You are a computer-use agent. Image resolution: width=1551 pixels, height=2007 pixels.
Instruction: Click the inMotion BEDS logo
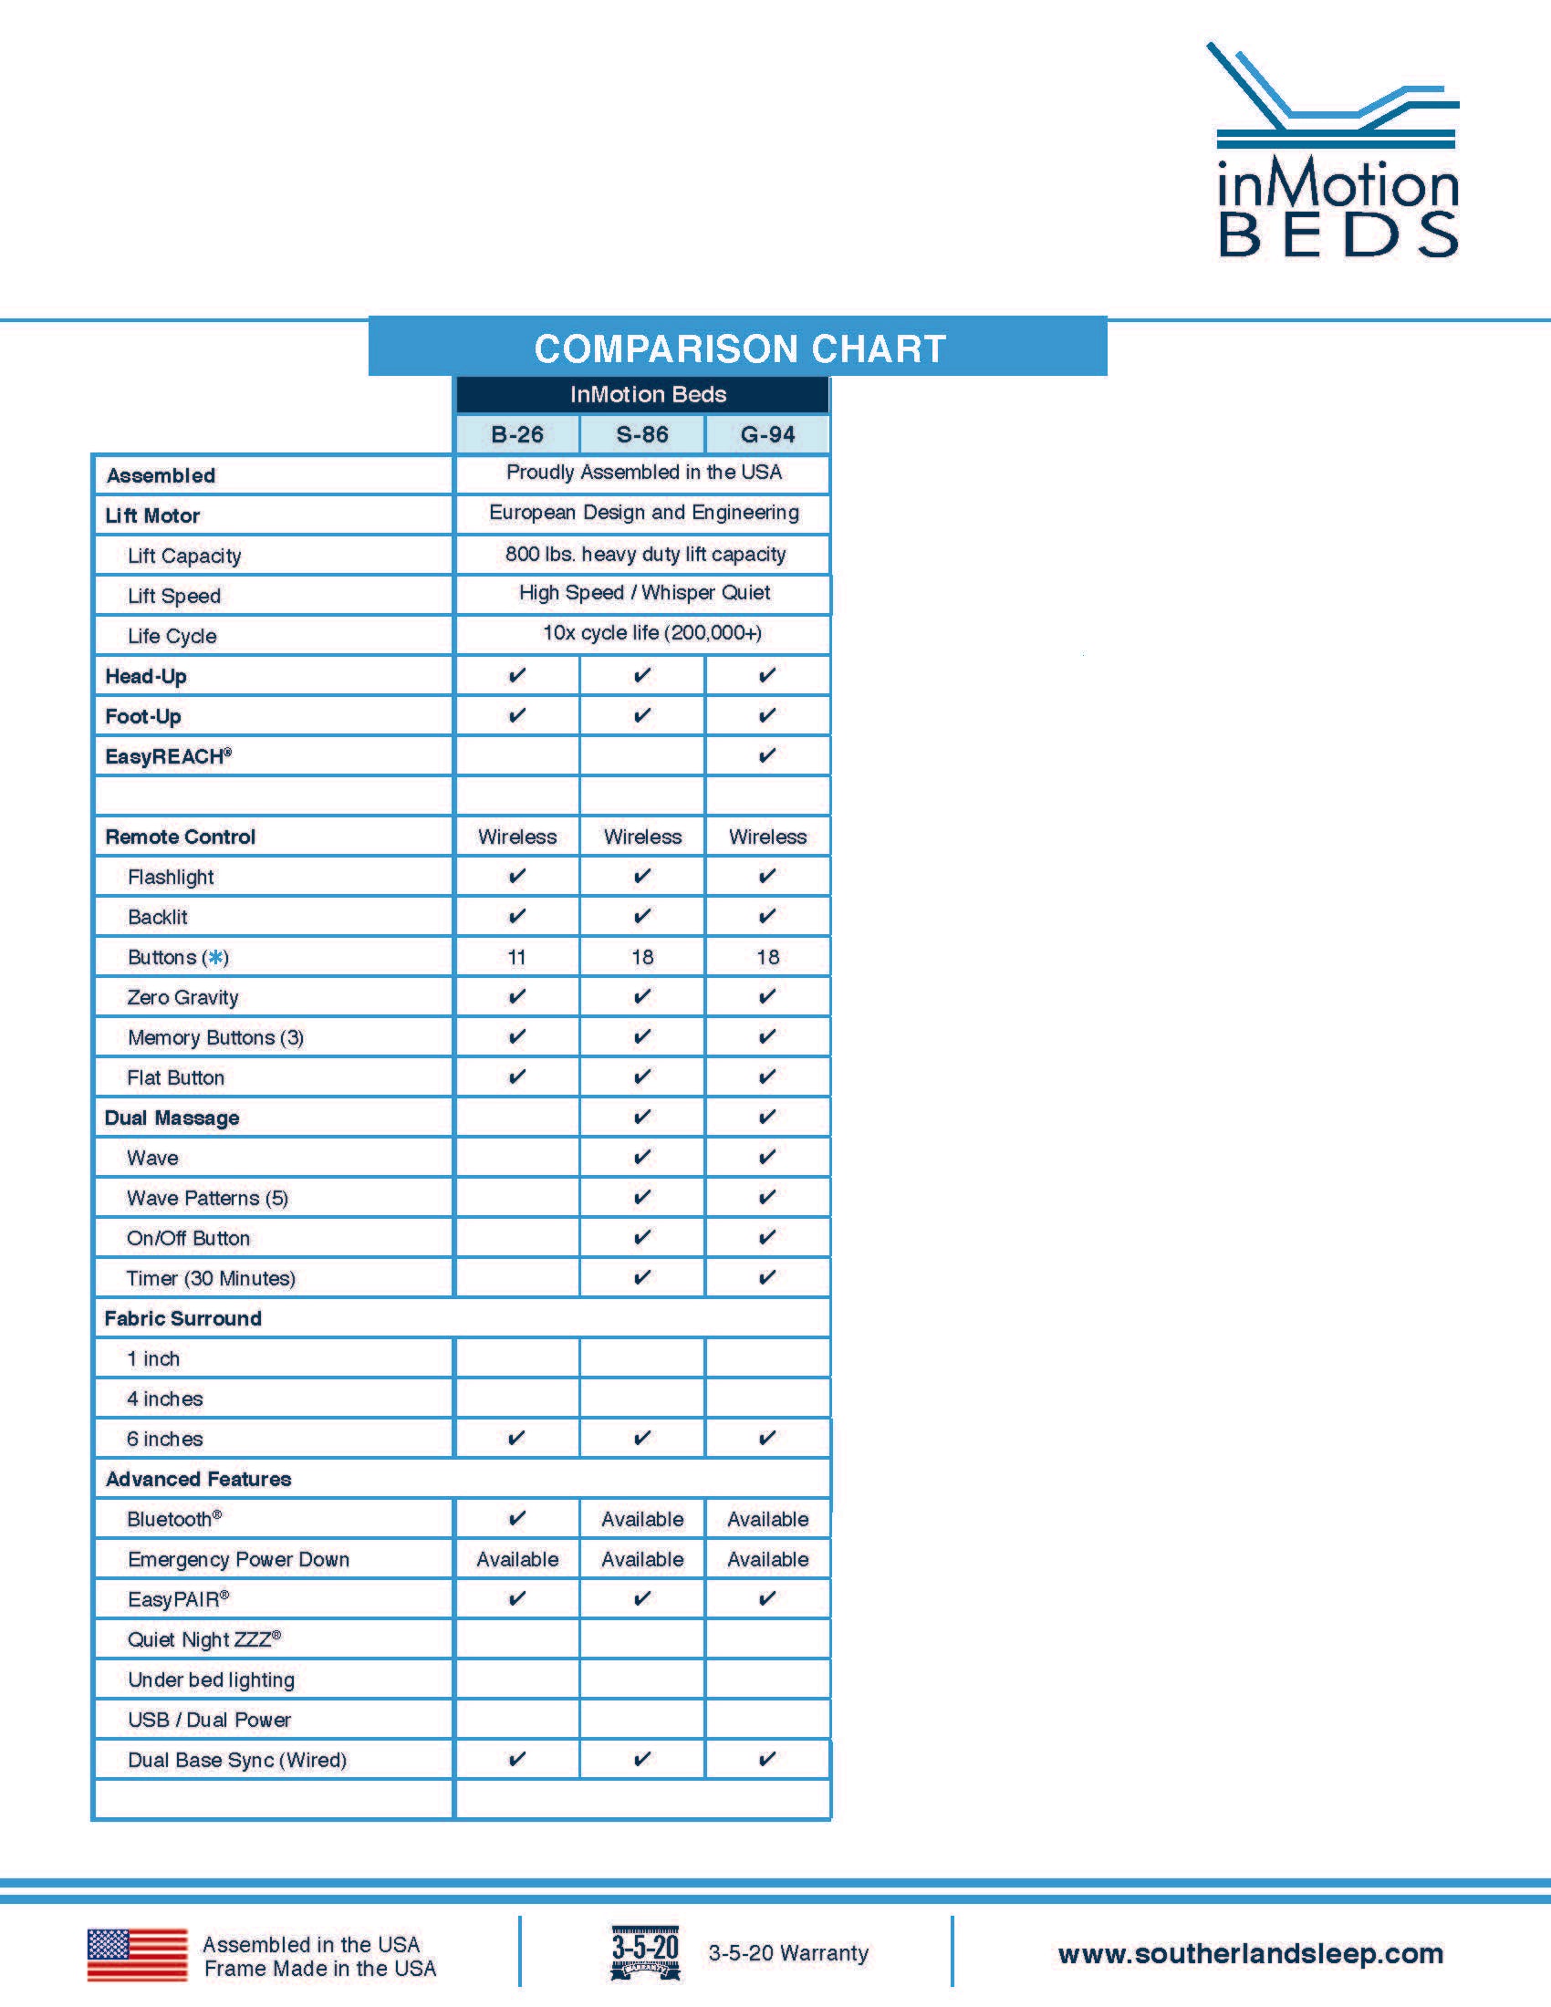pyautogui.click(x=1337, y=151)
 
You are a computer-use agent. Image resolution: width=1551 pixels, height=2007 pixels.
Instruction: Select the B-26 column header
pyautogui.click(x=517, y=434)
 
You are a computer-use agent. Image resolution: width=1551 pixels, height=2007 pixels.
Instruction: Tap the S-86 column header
pyautogui.click(x=642, y=434)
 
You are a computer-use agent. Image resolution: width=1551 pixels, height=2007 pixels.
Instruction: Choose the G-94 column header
pyautogui.click(x=767, y=434)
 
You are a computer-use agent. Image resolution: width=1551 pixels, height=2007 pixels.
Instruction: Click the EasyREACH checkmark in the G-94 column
pyautogui.click(x=767, y=755)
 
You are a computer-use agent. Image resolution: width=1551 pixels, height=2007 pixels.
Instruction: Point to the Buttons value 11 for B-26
pyautogui.click(x=517, y=957)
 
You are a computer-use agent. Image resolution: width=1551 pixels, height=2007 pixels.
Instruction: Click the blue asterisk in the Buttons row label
pyautogui.click(x=216, y=958)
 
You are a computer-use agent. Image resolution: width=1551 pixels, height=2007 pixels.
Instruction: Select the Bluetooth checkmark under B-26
pyautogui.click(x=517, y=1518)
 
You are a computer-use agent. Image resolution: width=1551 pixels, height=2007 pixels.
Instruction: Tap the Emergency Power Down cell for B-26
pyautogui.click(x=517, y=1559)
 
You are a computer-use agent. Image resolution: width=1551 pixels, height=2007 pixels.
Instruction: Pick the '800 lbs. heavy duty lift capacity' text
pyautogui.click(x=645, y=554)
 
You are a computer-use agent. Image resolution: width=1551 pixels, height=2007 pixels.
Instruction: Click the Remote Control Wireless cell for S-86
pyautogui.click(x=642, y=837)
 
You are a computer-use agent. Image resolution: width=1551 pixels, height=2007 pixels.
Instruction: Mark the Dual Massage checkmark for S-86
pyautogui.click(x=642, y=1117)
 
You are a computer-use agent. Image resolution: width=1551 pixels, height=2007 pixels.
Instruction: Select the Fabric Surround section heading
pyautogui.click(x=182, y=1319)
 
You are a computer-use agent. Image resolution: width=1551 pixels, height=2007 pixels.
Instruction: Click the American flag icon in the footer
pyautogui.click(x=137, y=1954)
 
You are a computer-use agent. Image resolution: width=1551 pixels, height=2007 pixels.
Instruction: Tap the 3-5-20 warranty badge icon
pyautogui.click(x=645, y=1952)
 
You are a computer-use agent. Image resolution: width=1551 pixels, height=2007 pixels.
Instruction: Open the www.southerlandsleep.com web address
pyautogui.click(x=1251, y=1953)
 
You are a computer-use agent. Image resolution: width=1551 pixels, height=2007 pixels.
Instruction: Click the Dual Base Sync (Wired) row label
pyautogui.click(x=237, y=1760)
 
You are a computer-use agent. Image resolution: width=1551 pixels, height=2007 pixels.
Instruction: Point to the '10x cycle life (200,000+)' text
pyautogui.click(x=651, y=632)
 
